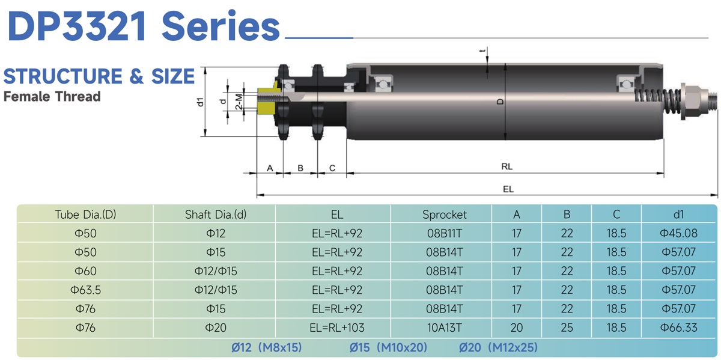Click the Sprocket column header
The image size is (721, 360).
tap(444, 215)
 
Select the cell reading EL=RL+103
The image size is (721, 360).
tap(337, 328)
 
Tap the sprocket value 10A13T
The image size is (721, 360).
tap(444, 328)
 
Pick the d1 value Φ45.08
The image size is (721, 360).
tap(678, 233)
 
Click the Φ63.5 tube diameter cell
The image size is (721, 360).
tap(85, 290)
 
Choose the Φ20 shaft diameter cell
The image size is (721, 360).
tap(216, 328)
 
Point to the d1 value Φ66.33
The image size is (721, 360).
tap(678, 328)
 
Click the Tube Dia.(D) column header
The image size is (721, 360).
tap(85, 215)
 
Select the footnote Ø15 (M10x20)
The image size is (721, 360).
tap(388, 347)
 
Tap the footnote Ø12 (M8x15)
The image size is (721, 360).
tap(267, 347)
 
